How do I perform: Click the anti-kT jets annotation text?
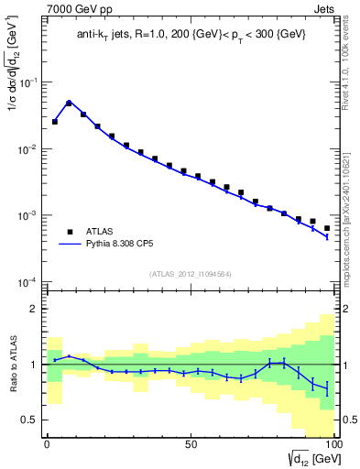click(191, 35)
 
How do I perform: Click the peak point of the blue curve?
click(69, 103)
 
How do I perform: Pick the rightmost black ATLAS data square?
click(327, 228)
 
